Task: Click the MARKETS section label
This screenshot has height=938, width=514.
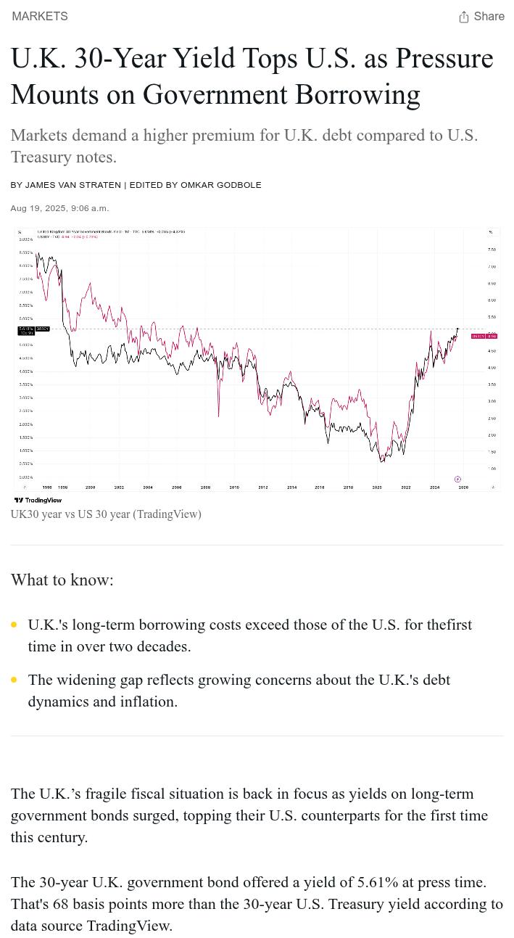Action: [40, 17]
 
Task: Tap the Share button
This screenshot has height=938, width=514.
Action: [481, 17]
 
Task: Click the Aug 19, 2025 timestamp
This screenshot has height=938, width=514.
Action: [59, 208]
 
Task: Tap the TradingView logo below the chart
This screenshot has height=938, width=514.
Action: [38, 500]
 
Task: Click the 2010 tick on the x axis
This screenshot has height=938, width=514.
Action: [234, 487]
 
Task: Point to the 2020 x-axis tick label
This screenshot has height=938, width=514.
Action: [377, 487]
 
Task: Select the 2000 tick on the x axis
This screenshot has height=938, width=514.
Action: [90, 487]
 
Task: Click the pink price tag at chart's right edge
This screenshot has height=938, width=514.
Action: [484, 336]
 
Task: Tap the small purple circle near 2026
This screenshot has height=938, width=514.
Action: [457, 480]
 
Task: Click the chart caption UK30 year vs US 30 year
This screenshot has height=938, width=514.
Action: [106, 514]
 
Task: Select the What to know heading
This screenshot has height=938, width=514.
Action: [62, 580]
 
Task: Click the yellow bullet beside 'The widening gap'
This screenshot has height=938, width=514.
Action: [14, 680]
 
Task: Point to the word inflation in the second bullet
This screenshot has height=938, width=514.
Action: [146, 702]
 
